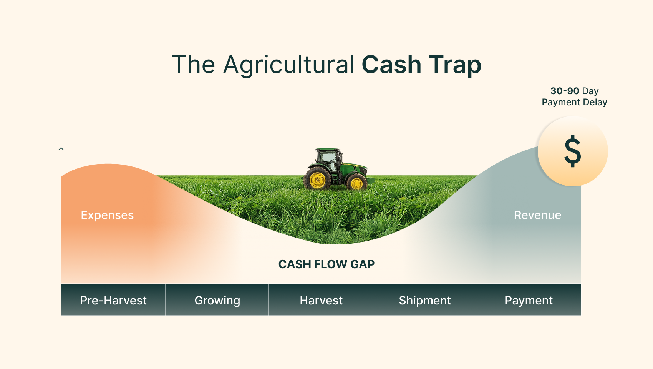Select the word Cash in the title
point(391,65)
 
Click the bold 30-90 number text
point(565,91)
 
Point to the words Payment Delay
point(574,102)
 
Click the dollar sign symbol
point(573,151)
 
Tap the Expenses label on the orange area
point(107,216)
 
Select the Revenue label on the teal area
point(537,215)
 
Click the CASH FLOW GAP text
point(326,264)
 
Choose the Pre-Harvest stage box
point(113,299)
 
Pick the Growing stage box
point(217,299)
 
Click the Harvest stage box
point(321,299)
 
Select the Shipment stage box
point(425,299)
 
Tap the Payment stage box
point(529,299)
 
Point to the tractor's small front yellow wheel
point(356,183)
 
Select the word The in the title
point(194,65)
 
